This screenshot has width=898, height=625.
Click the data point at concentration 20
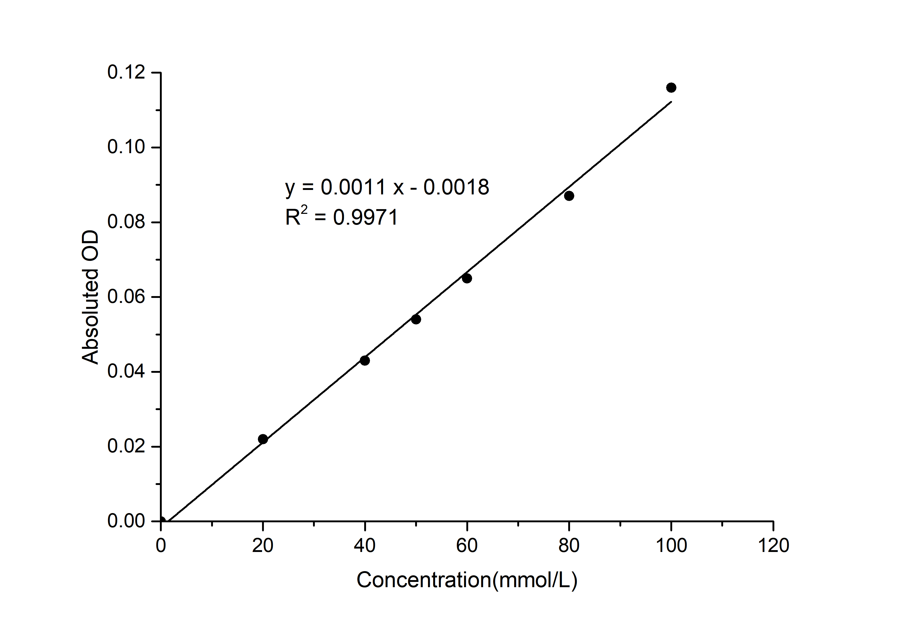click(x=263, y=439)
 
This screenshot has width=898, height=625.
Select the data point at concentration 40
click(x=365, y=360)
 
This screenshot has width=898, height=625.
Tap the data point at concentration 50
click(x=416, y=319)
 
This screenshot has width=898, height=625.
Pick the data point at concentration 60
click(x=467, y=278)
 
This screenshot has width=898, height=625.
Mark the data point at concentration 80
click(x=569, y=196)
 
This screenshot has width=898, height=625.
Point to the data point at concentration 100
click(x=671, y=88)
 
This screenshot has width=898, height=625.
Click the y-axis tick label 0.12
click(x=126, y=73)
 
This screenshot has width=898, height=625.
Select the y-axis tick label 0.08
click(x=126, y=222)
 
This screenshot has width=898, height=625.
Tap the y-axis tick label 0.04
click(x=126, y=372)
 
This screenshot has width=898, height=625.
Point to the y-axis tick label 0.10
click(x=126, y=148)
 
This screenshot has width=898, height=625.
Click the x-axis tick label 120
click(x=773, y=546)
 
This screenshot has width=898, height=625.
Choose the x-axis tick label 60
click(x=467, y=546)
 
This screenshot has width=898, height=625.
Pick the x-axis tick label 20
click(x=263, y=546)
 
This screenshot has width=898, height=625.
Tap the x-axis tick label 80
click(x=569, y=546)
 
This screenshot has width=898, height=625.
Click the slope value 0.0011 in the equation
click(x=353, y=188)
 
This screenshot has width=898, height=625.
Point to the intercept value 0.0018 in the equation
click(x=456, y=188)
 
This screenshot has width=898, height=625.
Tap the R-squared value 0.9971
click(x=366, y=218)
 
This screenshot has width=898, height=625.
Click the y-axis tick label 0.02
click(x=126, y=447)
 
